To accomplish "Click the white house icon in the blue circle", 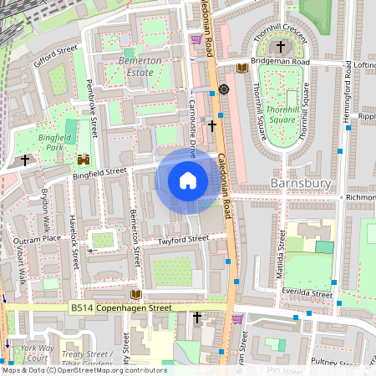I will pyautogui.click(x=188, y=180).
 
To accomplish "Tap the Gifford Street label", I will pyautogui.click(x=55, y=54).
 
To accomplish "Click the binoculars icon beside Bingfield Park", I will pyautogui.click(x=84, y=160).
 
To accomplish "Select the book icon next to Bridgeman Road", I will pyautogui.click(x=241, y=68).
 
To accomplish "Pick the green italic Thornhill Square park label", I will pyautogui.click(x=284, y=114).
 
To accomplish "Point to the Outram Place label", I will pyautogui.click(x=40, y=238).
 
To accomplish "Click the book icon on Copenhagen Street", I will pyautogui.click(x=135, y=294).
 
